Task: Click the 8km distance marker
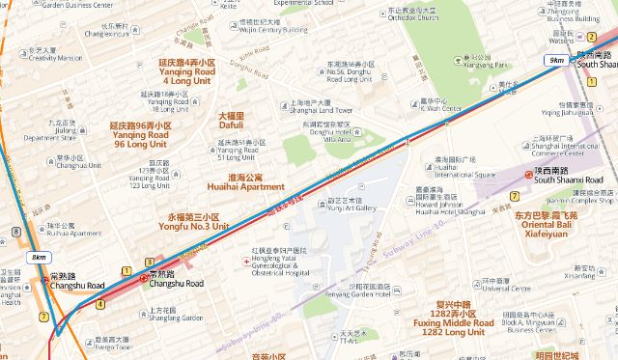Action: (x=39, y=258)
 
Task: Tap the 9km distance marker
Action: (x=556, y=61)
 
